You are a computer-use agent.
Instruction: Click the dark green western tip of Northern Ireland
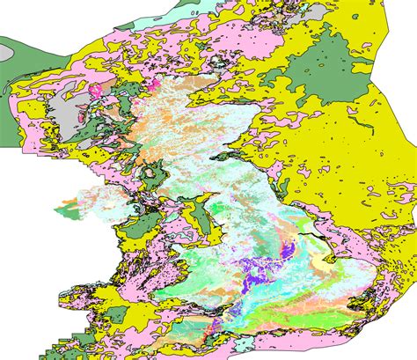[x=63, y=211]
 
